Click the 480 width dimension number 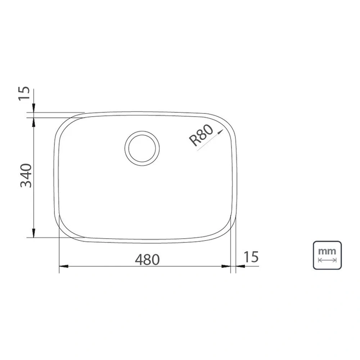(147, 259)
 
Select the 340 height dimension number (26, 175)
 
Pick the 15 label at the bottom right (251, 257)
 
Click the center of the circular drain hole (142, 148)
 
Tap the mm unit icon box (327, 255)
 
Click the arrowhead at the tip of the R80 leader (221, 131)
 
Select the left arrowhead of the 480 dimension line (64, 266)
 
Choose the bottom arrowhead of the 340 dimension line (34, 233)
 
